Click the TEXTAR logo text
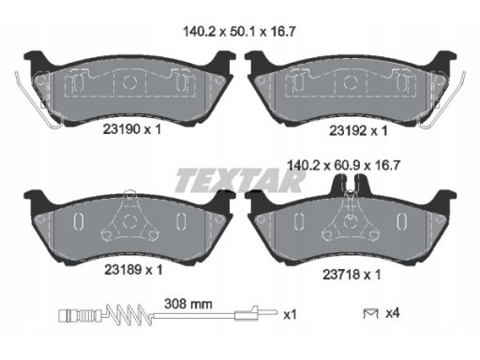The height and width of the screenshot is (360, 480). (241, 176)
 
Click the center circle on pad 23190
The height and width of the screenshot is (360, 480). (132, 82)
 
